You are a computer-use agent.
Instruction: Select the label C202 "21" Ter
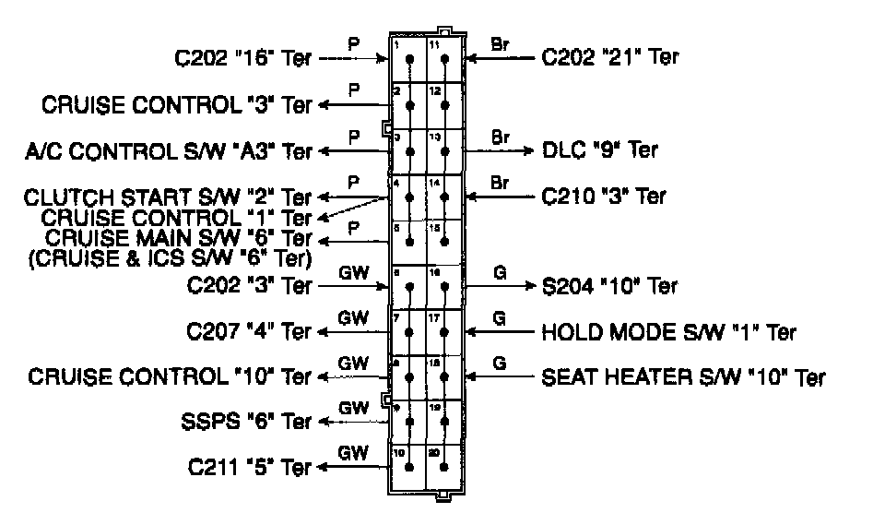pos(610,57)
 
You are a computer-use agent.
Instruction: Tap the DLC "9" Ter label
pos(599,149)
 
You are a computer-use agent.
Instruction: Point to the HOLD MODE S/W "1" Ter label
pos(668,331)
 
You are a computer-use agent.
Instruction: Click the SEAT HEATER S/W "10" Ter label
pos(683,376)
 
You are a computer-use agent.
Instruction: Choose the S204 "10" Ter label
pos(610,286)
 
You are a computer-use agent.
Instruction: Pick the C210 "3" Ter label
pos(603,196)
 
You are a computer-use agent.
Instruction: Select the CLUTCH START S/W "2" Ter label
pos(168,197)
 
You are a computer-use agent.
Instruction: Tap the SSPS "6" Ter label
pos(246,422)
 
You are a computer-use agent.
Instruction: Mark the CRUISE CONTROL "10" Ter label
pos(171,376)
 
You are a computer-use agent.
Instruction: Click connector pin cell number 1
pos(408,60)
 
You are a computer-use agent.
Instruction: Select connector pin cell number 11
pos(444,60)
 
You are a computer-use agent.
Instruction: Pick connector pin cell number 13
pos(444,150)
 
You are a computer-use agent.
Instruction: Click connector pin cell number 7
pos(408,331)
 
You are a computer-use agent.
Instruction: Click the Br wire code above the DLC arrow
pos(500,137)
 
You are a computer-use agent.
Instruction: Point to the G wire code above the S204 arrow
pos(499,273)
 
